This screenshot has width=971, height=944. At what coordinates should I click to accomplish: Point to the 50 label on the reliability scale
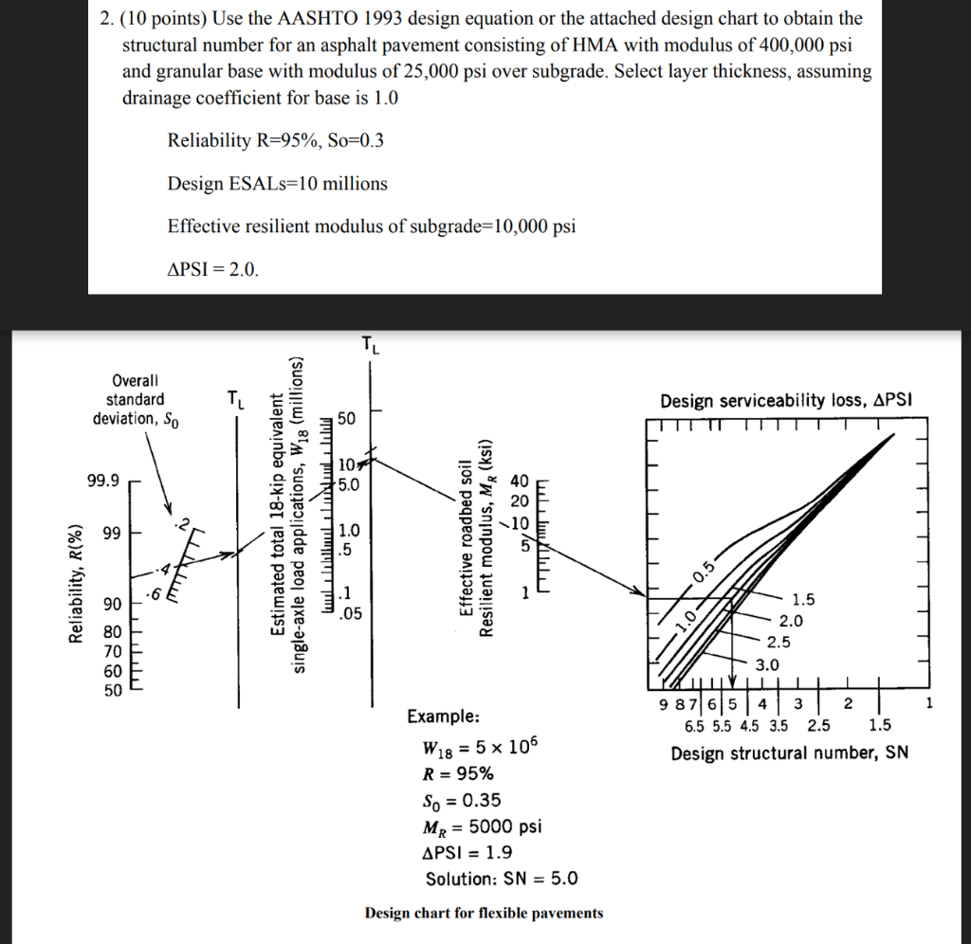coord(111,690)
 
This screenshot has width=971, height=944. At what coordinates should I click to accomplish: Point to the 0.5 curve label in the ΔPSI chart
coord(703,572)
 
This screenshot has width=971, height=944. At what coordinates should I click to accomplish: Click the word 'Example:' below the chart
coord(443,716)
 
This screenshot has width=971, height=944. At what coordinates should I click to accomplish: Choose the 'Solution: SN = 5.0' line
coord(501,879)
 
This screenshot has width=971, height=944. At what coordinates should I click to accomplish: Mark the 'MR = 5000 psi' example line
coord(481,826)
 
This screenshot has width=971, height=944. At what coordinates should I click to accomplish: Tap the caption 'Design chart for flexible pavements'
coord(484,913)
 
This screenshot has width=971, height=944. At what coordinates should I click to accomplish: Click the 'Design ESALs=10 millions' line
coord(277,184)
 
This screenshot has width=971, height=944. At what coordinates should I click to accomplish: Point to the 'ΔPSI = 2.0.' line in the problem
coord(211,269)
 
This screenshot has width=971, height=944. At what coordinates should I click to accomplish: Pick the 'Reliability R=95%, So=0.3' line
coord(275,141)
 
